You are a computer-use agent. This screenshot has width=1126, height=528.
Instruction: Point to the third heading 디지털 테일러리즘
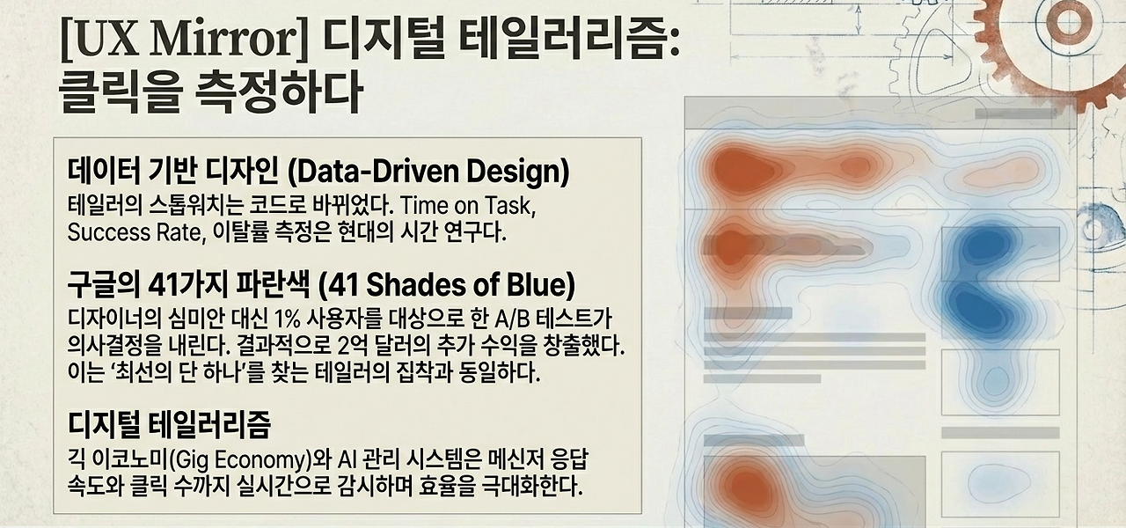169,424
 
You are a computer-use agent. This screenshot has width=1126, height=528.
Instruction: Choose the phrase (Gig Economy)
252,458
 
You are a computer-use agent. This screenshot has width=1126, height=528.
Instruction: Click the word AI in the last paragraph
340,458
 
